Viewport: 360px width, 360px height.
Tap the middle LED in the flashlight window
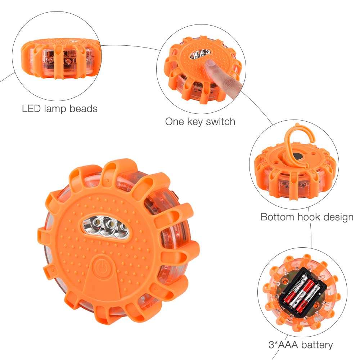[x=110, y=224]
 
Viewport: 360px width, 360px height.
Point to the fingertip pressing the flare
[x=210, y=64]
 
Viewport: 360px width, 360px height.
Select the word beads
[x=84, y=109]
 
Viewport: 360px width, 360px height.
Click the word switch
[x=221, y=121]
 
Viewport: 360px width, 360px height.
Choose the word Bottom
[x=277, y=217]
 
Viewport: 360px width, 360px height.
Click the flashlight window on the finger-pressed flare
[x=200, y=54]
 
